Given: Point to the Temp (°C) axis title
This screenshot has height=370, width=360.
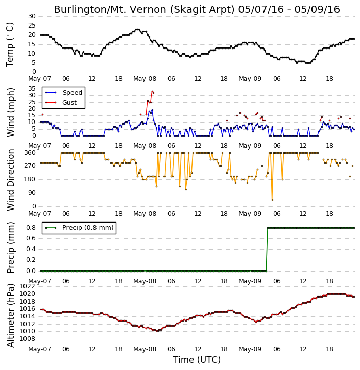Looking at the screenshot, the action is pos(10,45).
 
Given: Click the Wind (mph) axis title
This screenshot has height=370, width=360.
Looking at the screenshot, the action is pos(10,112).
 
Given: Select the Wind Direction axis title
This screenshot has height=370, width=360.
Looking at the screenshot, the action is pos(10,180).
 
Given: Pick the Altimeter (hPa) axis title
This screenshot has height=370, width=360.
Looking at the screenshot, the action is pos(10,315).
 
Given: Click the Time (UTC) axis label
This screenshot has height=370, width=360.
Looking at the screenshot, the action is pos(197,360).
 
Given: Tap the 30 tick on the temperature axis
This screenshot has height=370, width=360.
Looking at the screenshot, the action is pos(32,16).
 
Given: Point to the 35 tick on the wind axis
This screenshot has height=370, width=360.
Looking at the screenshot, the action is pos(32,89).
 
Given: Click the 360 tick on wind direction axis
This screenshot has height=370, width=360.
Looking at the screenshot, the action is pos(30,153).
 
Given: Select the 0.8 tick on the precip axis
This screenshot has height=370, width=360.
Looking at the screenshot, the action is pos(31,228).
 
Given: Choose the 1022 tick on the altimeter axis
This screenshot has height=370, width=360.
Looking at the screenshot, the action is pos(27,286).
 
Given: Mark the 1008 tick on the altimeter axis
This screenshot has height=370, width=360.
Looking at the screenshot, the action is pos(27,339).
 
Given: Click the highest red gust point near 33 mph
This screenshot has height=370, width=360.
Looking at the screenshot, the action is pos(152,91).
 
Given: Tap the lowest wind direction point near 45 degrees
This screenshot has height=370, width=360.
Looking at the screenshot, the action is pos(272,200).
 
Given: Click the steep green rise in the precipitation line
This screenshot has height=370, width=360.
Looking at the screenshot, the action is pos(267,250).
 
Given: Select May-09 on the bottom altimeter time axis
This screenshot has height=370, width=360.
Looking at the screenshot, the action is pos(250,349).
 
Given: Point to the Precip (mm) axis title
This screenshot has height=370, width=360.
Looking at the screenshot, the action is pos(10,248).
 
